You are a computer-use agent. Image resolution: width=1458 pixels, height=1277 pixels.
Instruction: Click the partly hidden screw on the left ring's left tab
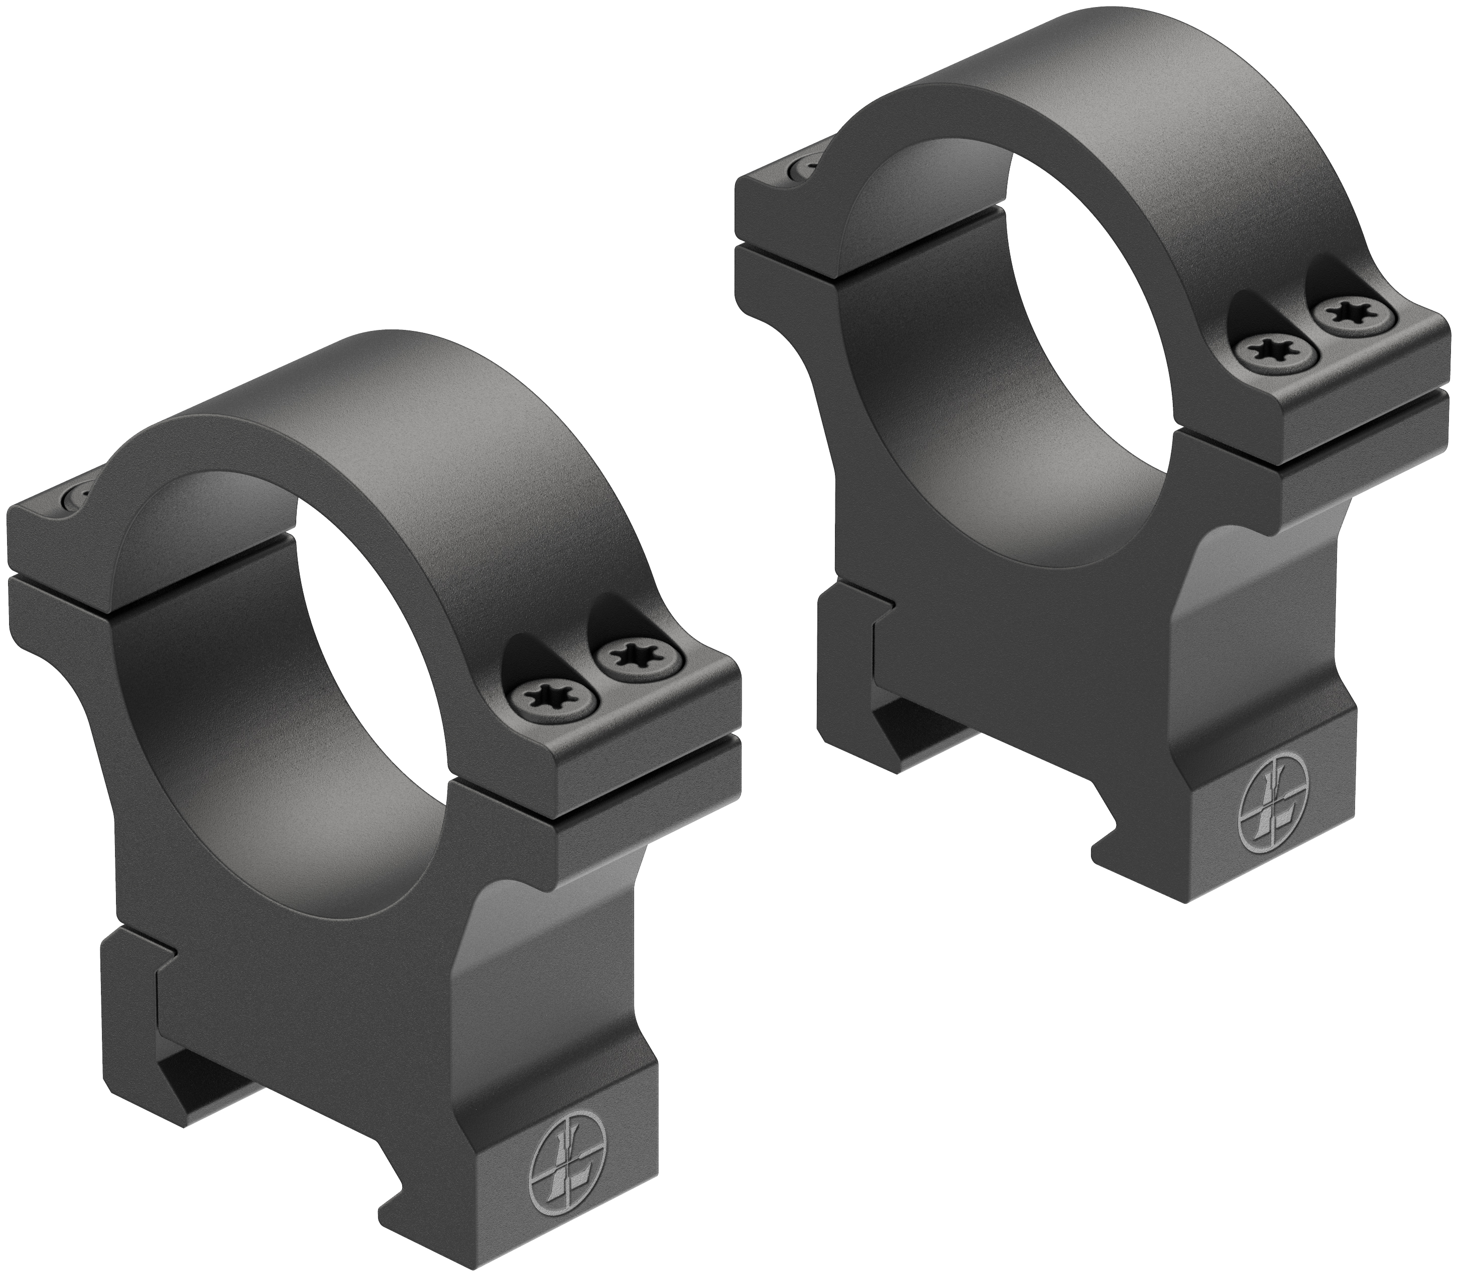(x=76, y=493)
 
